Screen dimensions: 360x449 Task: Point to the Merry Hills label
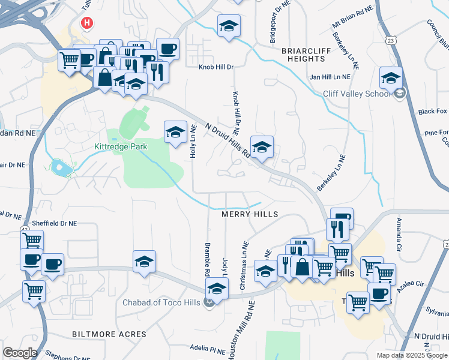coord(250,214)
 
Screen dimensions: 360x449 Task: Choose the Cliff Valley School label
coord(357,93)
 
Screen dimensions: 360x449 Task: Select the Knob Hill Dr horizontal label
coord(215,67)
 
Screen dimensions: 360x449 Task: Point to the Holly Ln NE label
coord(193,141)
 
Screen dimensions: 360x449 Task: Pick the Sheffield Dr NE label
coord(55,223)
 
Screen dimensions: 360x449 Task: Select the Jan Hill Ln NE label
coord(329,77)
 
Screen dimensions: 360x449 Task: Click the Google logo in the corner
coord(20,353)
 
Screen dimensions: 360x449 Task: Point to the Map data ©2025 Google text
coord(412,355)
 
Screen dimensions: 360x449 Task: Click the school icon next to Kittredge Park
coord(175,133)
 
